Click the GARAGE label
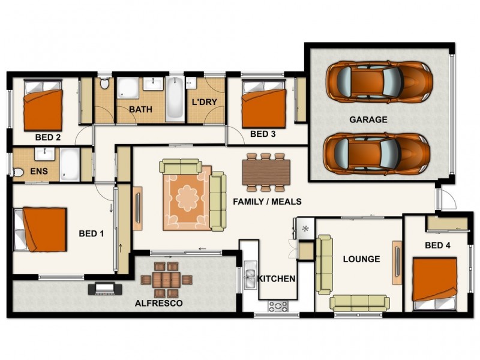tap(368, 119)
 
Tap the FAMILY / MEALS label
tap(267, 202)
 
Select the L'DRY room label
tap(204, 102)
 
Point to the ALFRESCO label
tap(159, 303)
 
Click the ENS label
tap(39, 171)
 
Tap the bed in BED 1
tap(40, 229)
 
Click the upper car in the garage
tap(379, 81)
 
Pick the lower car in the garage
tap(377, 154)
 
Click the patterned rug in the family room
tap(187, 199)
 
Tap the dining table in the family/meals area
tap(266, 172)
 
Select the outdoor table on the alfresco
tap(167, 280)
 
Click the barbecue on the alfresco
tap(105, 289)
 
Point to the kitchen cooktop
tap(278, 306)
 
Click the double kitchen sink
tap(250, 274)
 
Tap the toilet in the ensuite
tap(18, 173)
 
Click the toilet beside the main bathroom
tap(104, 83)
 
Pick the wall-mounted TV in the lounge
tap(397, 262)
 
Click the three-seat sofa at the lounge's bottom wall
tap(359, 303)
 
